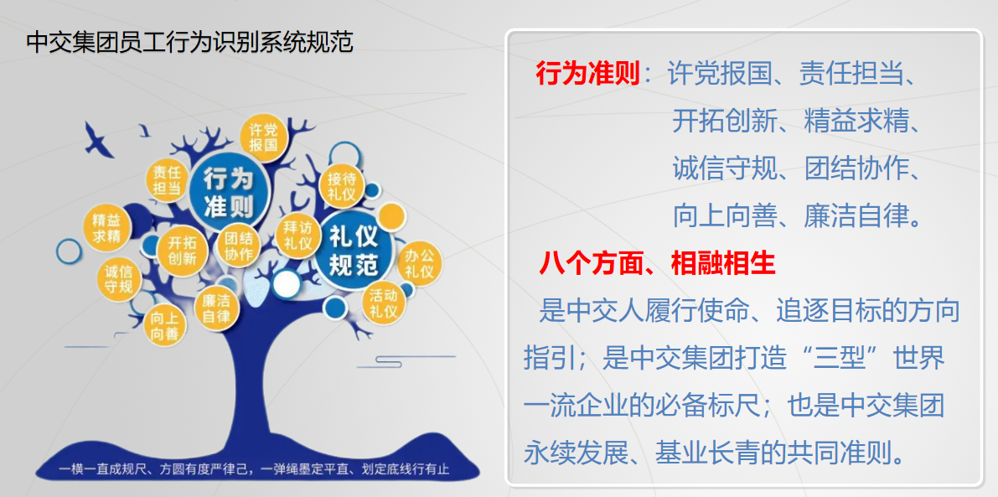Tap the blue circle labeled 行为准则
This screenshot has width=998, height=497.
pos(228,191)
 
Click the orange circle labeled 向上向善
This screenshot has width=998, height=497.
pos(164,325)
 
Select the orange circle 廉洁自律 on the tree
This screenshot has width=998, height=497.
pos(215,309)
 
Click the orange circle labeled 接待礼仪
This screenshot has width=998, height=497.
pos(342,186)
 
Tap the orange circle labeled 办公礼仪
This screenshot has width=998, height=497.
pos(419,263)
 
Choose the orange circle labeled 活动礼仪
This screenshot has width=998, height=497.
pos(384,303)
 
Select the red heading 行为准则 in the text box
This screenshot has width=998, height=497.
pos(587,74)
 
